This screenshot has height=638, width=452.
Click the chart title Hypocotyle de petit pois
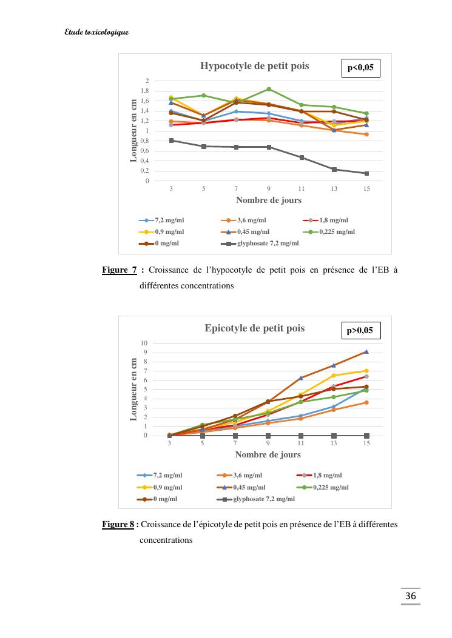(254, 66)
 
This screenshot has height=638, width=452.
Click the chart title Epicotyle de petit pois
(254, 328)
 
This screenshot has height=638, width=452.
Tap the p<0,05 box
(360, 68)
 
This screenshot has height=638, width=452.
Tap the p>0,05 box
(360, 331)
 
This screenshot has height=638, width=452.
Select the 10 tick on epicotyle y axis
(144, 343)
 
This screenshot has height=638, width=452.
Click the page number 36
(411, 597)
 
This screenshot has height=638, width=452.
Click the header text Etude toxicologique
(96, 32)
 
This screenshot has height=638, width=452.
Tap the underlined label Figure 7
(119, 270)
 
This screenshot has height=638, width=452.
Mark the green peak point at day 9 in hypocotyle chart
(269, 89)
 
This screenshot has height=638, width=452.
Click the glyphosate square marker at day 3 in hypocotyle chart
(171, 141)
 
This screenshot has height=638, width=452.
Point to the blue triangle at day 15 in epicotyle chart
(366, 351)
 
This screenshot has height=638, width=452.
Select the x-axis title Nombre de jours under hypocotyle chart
(268, 200)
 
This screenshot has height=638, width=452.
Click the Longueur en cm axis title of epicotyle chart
(134, 389)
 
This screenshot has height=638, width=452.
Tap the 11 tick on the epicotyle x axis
(301, 444)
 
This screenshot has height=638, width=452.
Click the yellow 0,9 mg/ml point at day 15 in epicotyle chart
(366, 371)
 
